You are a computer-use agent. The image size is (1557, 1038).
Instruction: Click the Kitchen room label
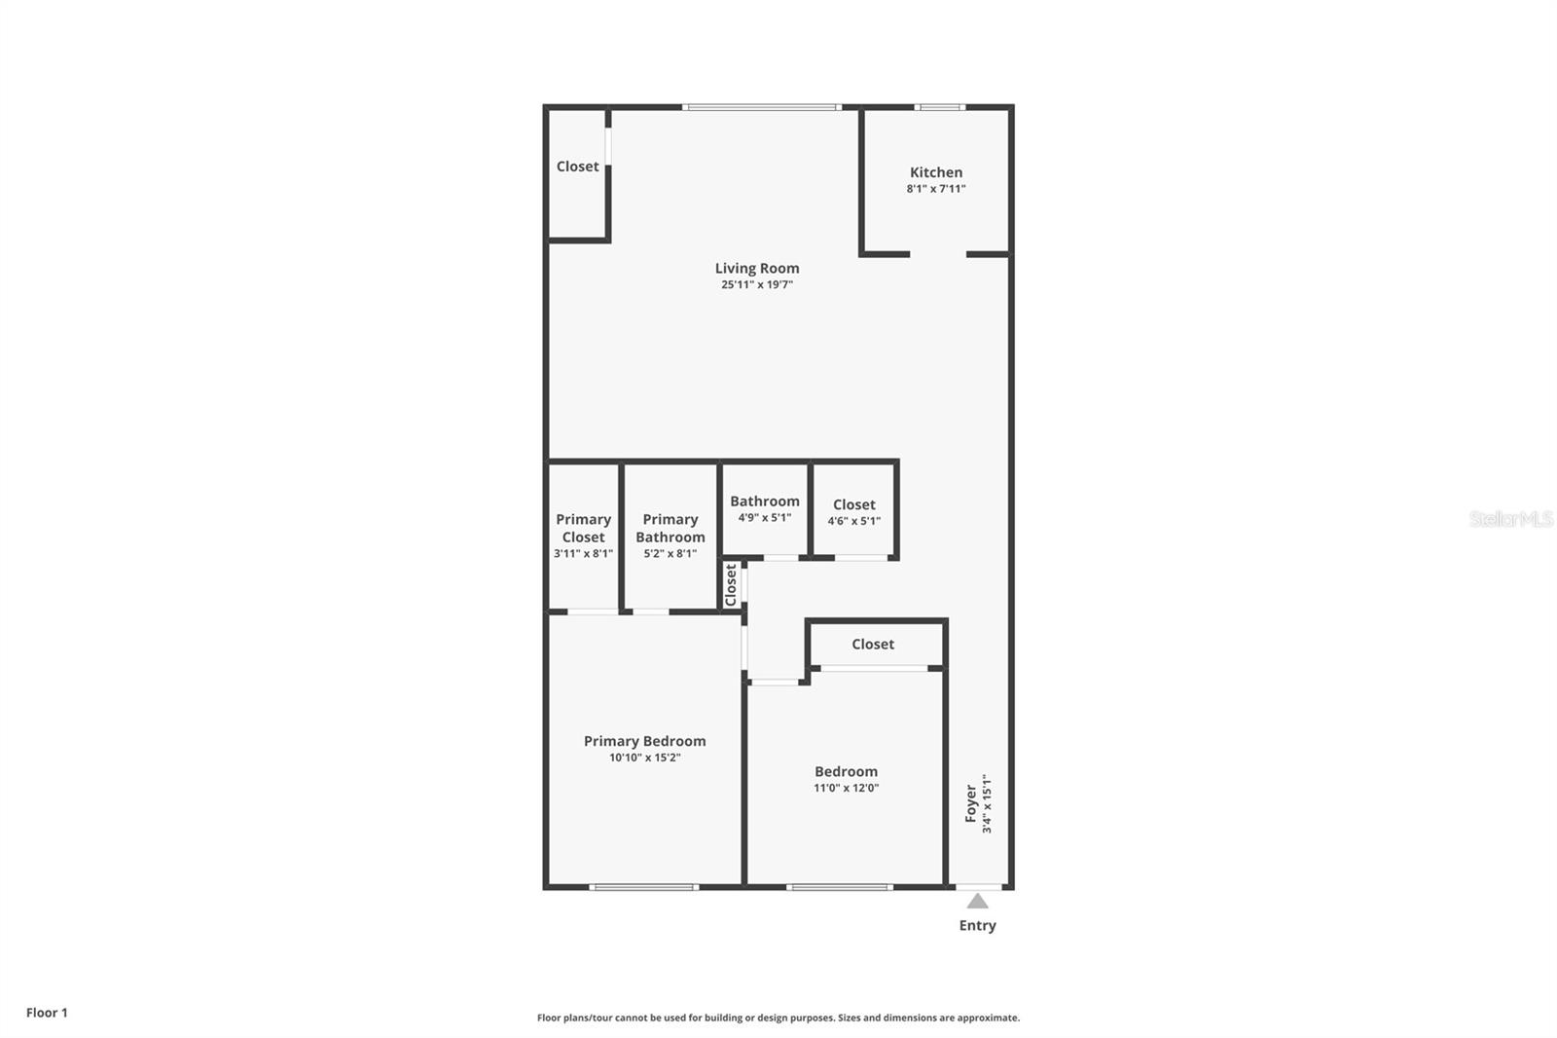[x=935, y=172]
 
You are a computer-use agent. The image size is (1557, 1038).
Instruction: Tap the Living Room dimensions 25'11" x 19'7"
[x=756, y=285]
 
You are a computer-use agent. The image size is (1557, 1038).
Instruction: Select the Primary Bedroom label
[x=644, y=741]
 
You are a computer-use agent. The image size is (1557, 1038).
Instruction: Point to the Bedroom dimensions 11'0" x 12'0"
[x=846, y=789]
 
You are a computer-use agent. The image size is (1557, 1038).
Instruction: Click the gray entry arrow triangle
[x=977, y=902]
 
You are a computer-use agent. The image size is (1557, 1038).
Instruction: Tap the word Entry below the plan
[x=977, y=926]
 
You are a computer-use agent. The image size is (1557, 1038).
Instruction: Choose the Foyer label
[x=970, y=803]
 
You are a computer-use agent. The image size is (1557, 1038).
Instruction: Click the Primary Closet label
[x=583, y=528]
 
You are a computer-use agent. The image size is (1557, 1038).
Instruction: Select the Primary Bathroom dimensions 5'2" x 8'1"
[x=670, y=554]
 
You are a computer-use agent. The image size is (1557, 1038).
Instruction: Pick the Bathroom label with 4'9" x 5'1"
[x=764, y=501]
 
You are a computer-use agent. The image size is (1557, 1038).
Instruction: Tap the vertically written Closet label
[x=731, y=585]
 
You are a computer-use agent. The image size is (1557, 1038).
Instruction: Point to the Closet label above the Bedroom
[x=872, y=645]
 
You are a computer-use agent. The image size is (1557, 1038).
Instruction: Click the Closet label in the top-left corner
[x=577, y=167]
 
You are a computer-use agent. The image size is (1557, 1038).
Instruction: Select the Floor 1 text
[x=47, y=1013]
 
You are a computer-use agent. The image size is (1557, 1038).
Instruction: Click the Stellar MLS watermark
[x=1510, y=519]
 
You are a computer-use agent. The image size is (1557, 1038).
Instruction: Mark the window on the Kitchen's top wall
[x=939, y=107]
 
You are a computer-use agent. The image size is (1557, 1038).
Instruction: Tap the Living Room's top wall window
[x=761, y=107]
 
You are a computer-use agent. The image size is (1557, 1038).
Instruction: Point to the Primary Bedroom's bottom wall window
[x=643, y=887]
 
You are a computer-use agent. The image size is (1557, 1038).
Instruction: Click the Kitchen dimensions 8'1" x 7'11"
[x=935, y=189]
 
